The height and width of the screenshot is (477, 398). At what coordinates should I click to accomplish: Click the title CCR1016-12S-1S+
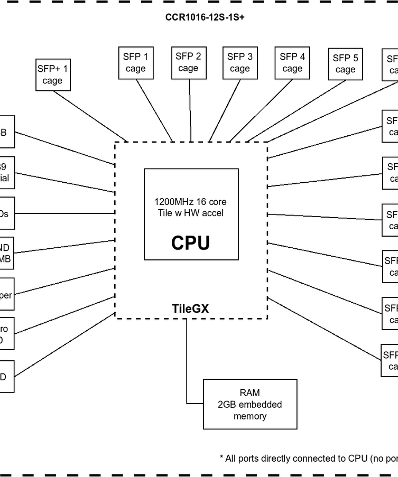[205, 17]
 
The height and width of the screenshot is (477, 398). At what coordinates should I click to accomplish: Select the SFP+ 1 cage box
[52, 74]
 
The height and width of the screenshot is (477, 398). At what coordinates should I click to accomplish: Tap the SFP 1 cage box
[136, 62]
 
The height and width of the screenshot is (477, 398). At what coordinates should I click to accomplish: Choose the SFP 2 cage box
[188, 62]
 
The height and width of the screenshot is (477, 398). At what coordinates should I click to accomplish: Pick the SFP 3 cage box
[239, 62]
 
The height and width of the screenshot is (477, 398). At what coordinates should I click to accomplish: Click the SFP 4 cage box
[292, 62]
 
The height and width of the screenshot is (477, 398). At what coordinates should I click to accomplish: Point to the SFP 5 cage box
[345, 64]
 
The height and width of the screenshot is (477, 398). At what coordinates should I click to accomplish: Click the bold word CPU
[190, 243]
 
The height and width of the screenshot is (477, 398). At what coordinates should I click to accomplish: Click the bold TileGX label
[190, 308]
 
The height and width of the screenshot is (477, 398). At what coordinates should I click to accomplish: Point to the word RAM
[249, 393]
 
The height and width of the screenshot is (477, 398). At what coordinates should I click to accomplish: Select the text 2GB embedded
[249, 405]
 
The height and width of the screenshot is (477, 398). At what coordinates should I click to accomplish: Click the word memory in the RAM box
[249, 416]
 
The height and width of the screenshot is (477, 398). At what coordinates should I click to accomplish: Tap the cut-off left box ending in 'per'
[6, 295]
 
